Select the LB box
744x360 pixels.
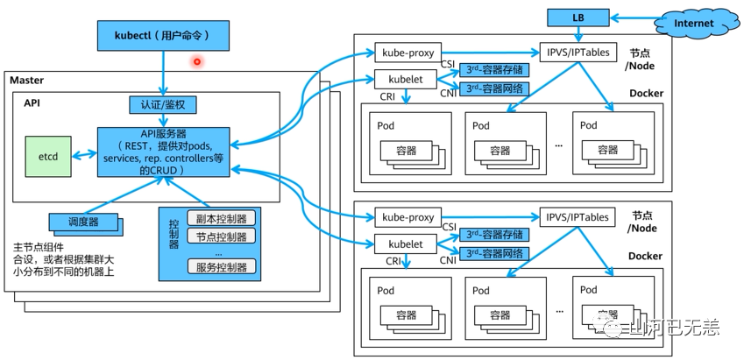[577, 17]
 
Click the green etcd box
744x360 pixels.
[47, 155]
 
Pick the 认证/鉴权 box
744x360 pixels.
[163, 105]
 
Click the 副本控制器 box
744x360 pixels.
[222, 219]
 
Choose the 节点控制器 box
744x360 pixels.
[222, 236]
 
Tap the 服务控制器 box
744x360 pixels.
[222, 267]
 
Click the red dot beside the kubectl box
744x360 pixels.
[197, 61]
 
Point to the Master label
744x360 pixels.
[26, 81]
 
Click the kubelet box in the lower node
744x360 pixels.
[405, 244]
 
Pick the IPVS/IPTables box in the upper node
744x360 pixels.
[577, 52]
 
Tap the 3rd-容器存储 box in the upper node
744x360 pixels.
[496, 68]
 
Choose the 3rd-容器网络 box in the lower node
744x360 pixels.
[496, 254]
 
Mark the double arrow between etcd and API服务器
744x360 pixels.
[83, 155]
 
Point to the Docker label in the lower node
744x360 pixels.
[646, 257]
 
